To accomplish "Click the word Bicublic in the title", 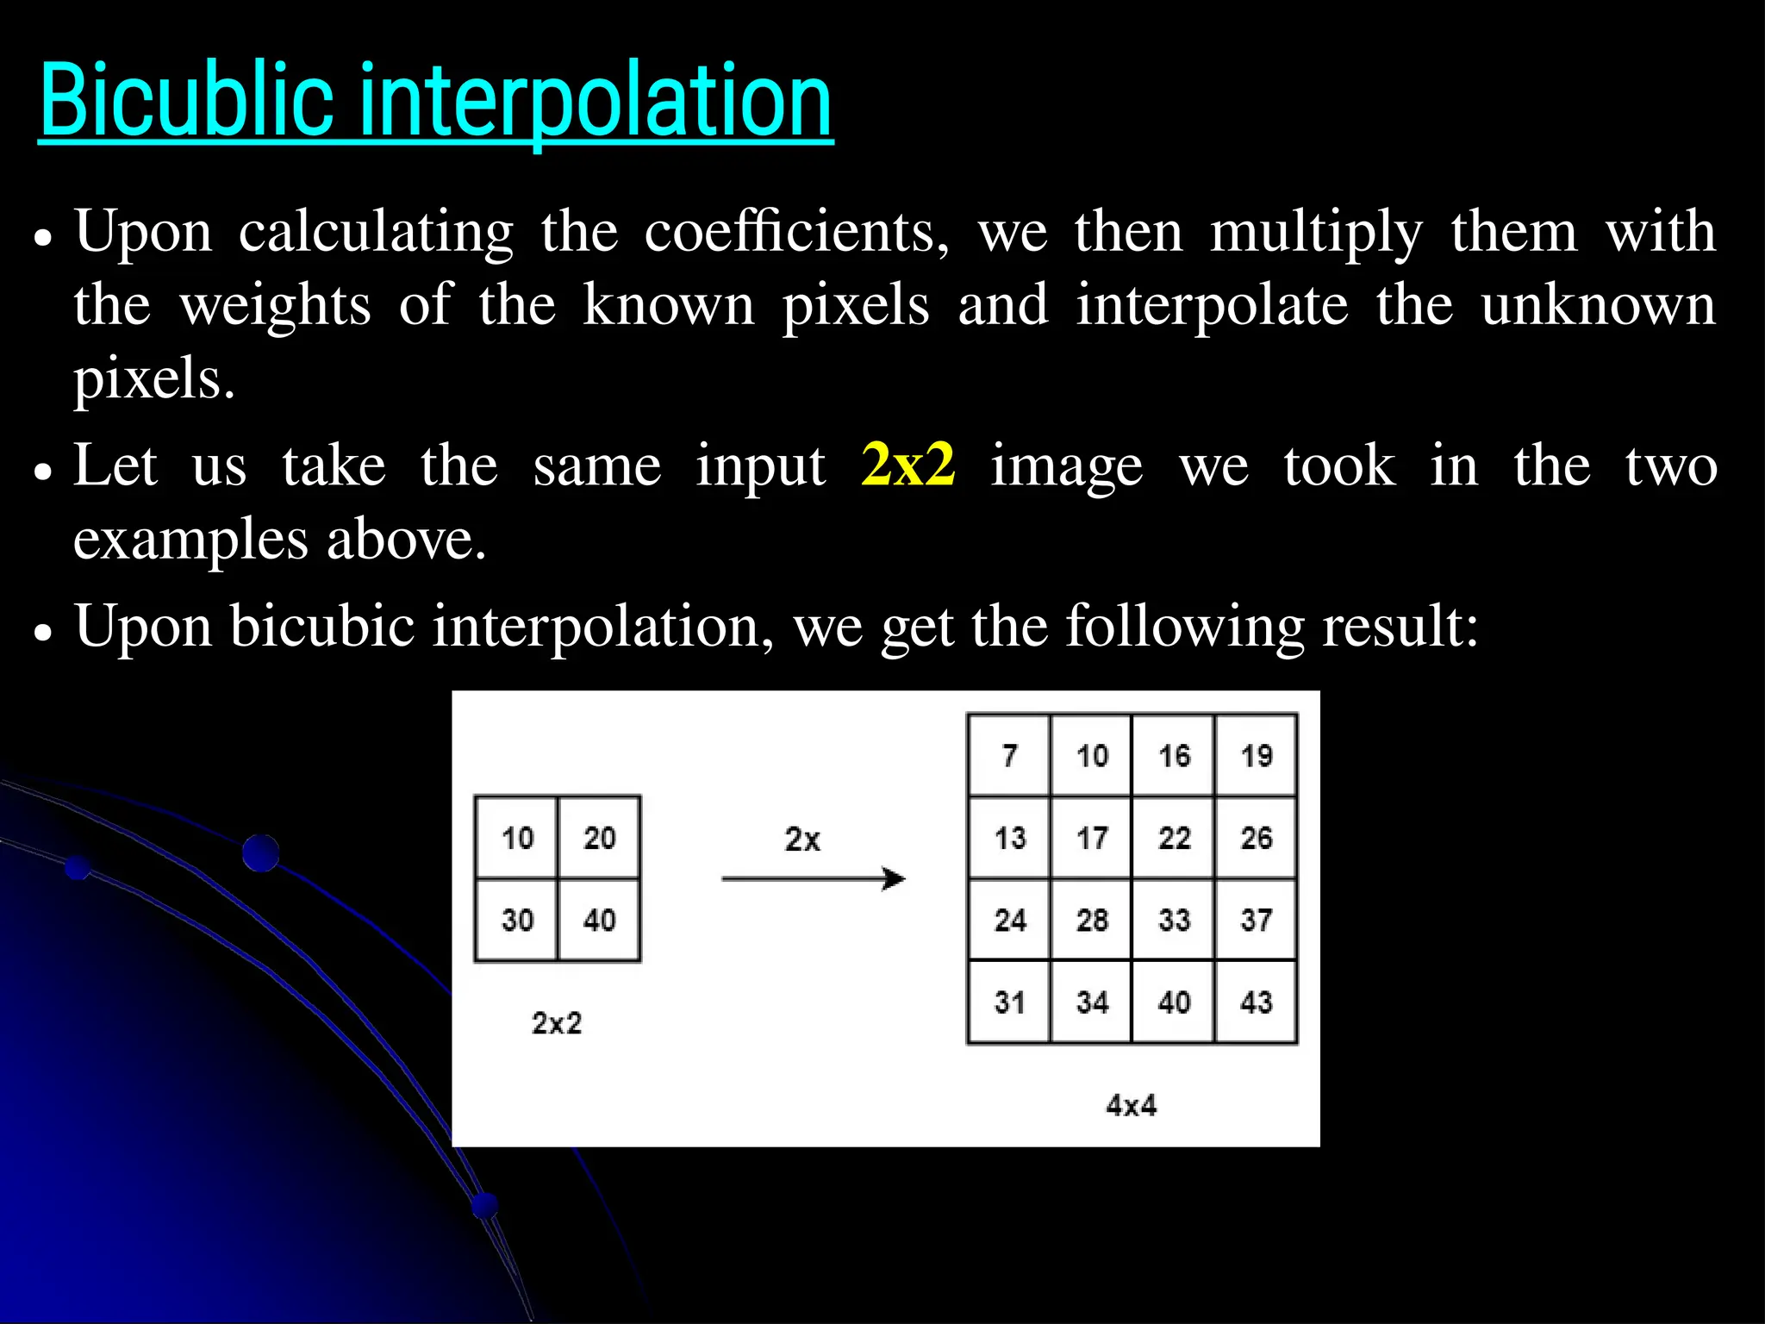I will coord(185,101).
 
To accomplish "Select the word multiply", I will coord(1316,234).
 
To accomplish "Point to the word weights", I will coord(275,306).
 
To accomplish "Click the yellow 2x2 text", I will coord(907,465).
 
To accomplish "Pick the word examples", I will coord(190,540).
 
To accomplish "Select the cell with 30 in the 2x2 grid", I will coord(517,920).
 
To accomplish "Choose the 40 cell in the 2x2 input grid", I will coord(599,920).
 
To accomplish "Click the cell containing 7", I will coord(1009,756).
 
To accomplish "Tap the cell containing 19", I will coord(1256,756).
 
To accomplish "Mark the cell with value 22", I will coord(1174,838).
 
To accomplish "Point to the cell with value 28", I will coord(1092,920).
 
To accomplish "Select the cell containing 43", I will coord(1256,1002).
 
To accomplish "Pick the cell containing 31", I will coord(1009,1002).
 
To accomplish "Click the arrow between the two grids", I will coord(813,879).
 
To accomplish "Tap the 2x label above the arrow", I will coord(802,840).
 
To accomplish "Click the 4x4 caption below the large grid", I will coord(1131,1105).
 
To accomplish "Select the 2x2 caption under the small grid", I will coord(557,1023).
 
